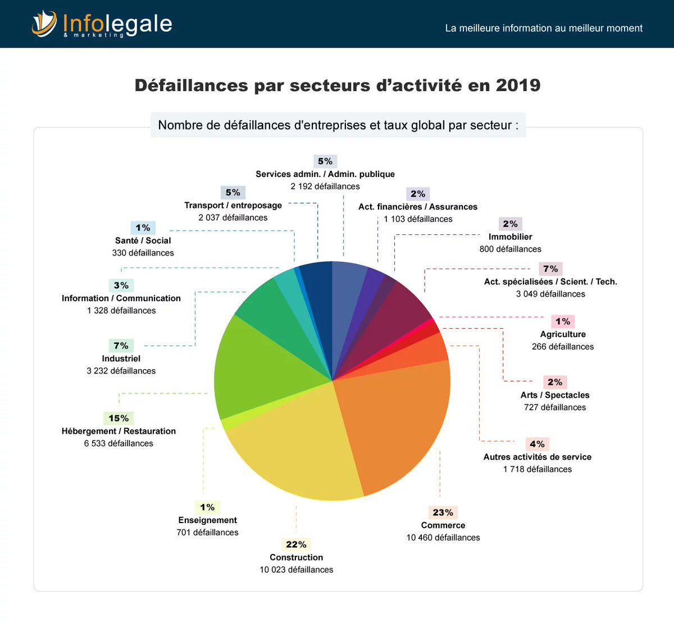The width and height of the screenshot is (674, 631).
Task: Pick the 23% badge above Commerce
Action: (x=443, y=512)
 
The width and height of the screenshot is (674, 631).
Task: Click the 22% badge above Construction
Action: (x=296, y=544)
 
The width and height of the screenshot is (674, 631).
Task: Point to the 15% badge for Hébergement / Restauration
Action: (x=119, y=418)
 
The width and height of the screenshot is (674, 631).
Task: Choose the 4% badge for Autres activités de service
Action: (x=537, y=444)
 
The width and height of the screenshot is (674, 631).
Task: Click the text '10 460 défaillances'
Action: (x=443, y=538)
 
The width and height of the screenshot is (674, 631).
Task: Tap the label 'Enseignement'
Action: (x=207, y=520)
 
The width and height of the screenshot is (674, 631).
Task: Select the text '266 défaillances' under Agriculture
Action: (x=563, y=347)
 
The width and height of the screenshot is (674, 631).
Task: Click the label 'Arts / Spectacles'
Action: (x=555, y=395)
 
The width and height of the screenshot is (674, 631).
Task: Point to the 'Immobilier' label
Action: (x=510, y=237)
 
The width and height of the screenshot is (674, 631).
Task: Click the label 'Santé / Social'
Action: (x=143, y=240)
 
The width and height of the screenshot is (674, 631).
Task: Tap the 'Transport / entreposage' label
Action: (x=233, y=206)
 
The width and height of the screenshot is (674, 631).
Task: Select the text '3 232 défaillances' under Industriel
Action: (x=121, y=371)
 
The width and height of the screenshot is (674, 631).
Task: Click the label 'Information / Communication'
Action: (x=121, y=298)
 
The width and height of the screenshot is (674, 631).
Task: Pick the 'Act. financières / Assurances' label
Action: (x=418, y=207)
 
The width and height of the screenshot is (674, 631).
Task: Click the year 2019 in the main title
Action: (x=518, y=85)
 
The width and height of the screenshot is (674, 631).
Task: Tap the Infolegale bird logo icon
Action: (x=44, y=24)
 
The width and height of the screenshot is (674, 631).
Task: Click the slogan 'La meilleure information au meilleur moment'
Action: (x=544, y=28)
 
